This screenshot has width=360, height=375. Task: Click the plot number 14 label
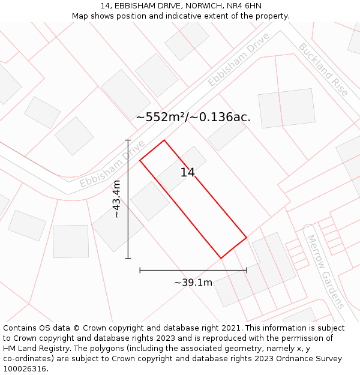point(188,173)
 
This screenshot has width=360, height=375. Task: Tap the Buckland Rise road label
point(323,69)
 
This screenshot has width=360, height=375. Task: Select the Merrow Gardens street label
point(325,271)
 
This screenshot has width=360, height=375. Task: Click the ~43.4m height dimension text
point(116,199)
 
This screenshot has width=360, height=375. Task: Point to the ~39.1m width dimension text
point(193,283)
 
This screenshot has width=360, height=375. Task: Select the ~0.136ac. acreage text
point(220,118)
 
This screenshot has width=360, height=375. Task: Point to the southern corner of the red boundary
point(221,258)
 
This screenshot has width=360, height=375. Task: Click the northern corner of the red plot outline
point(164,140)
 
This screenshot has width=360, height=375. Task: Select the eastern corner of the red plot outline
point(247,238)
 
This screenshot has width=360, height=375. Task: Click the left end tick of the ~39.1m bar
point(140,271)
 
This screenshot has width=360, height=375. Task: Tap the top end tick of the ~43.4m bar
point(128,140)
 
